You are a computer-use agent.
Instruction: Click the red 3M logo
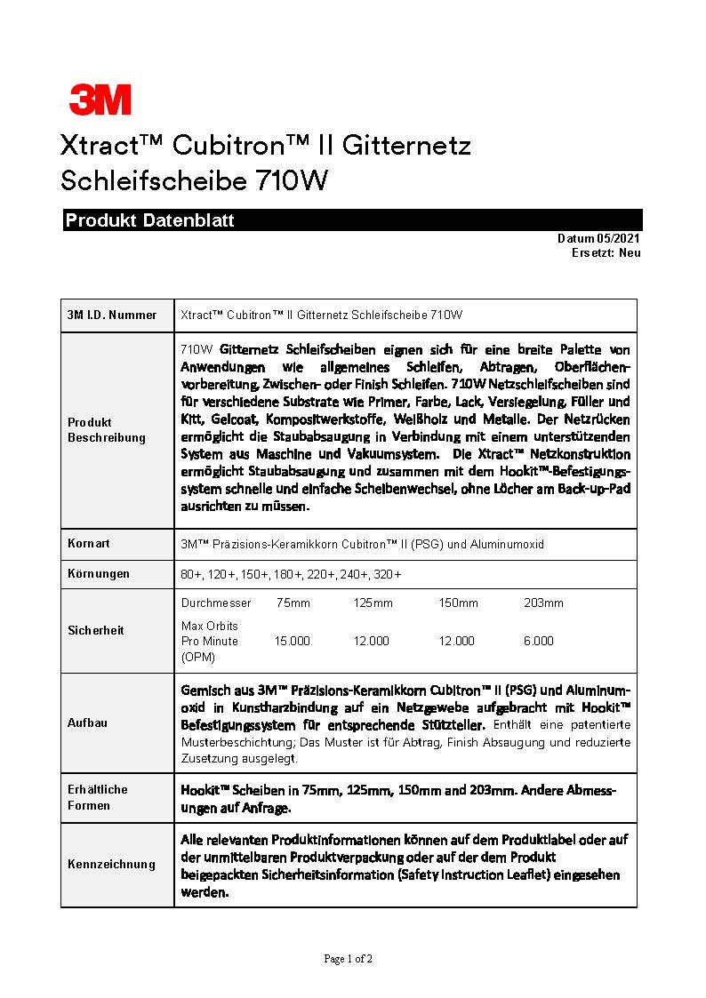100,100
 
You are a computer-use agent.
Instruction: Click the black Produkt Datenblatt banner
352,220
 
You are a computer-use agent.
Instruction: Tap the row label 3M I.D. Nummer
112,315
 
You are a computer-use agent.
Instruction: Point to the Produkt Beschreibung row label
107,430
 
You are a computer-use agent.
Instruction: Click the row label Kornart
89,543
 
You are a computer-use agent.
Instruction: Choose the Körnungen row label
99,573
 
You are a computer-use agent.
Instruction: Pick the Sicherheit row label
96,630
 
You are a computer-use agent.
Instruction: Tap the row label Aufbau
87,723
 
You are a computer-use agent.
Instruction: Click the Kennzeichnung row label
111,864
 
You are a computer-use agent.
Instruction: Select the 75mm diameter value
293,603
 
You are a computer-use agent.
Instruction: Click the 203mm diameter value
543,603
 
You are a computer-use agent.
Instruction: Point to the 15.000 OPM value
292,641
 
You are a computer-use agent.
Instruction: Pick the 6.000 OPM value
538,641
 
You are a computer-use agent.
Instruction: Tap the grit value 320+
388,574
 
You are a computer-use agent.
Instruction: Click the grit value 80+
191,574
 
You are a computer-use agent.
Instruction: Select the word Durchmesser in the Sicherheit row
216,603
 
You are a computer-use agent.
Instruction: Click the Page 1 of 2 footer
348,959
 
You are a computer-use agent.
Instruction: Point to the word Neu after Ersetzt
630,253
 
